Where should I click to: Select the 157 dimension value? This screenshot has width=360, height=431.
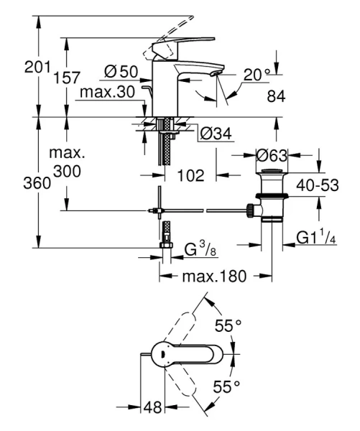[x=67, y=78]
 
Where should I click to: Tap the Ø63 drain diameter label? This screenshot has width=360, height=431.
[x=272, y=154]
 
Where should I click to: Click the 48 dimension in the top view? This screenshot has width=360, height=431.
[x=152, y=407]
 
